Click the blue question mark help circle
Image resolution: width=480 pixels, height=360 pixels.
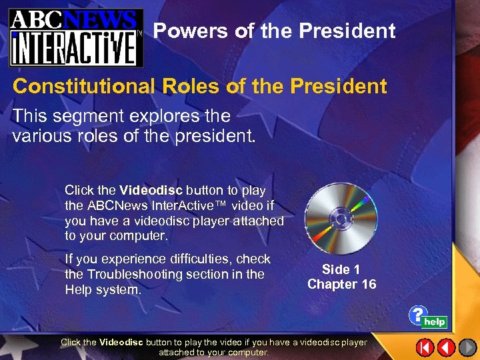pos(418,314)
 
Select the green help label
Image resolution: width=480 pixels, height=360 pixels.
pos(435,322)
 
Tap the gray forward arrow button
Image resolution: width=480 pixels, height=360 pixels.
pos(467,347)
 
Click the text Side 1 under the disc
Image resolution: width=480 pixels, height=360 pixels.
pos(341,269)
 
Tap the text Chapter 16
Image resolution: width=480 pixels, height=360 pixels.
pos(341,284)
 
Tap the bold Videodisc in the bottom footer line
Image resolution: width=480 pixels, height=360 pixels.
pos(121,343)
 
